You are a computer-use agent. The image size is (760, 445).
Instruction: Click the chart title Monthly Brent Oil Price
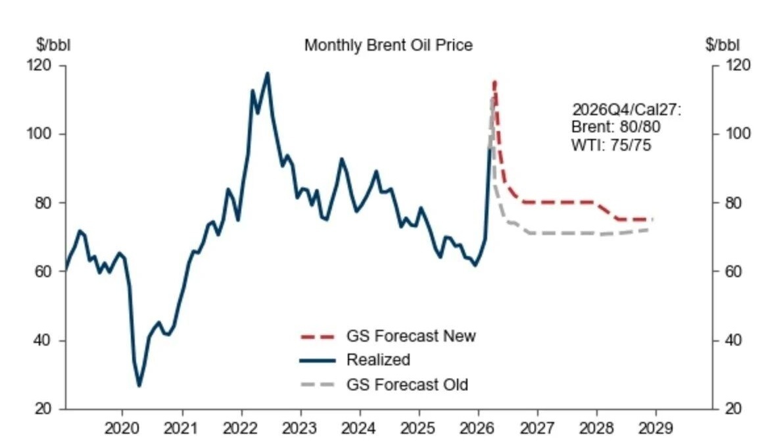pyautogui.click(x=388, y=45)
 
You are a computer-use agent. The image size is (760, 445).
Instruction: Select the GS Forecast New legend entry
pyautogui.click(x=410, y=336)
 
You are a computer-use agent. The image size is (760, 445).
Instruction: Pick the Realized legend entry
pyautogui.click(x=378, y=360)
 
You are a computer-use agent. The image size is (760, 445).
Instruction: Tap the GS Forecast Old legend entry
pyautogui.click(x=407, y=384)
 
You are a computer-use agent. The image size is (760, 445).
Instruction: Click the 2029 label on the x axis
pyautogui.click(x=655, y=428)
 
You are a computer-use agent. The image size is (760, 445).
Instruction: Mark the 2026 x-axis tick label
pyautogui.click(x=478, y=428)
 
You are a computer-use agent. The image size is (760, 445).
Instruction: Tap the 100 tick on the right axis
pyautogui.click(x=737, y=134)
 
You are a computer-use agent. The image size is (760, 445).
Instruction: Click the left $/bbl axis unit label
pyautogui.click(x=53, y=45)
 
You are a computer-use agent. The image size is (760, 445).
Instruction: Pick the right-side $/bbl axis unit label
pyautogui.click(x=722, y=45)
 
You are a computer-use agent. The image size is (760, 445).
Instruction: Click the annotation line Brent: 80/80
pyautogui.click(x=616, y=127)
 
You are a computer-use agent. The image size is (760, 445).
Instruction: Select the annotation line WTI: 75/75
pyautogui.click(x=611, y=145)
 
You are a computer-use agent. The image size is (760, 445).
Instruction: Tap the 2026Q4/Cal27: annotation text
pyautogui.click(x=626, y=109)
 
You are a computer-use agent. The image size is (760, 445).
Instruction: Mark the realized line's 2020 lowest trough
pyautogui.click(x=139, y=385)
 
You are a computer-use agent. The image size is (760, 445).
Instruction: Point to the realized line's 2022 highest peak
pyautogui.click(x=268, y=73)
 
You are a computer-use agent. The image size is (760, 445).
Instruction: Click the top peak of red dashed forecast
pyautogui.click(x=494, y=82)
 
